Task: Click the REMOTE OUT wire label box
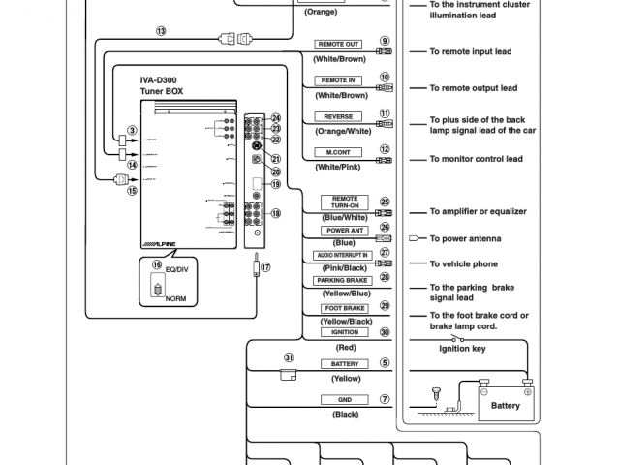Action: (339, 44)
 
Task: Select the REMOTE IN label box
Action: (339, 80)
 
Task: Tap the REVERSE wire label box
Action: (339, 116)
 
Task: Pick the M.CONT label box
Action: (339, 152)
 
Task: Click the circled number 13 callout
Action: (160, 31)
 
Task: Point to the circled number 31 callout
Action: (289, 356)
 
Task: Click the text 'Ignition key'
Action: (464, 349)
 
